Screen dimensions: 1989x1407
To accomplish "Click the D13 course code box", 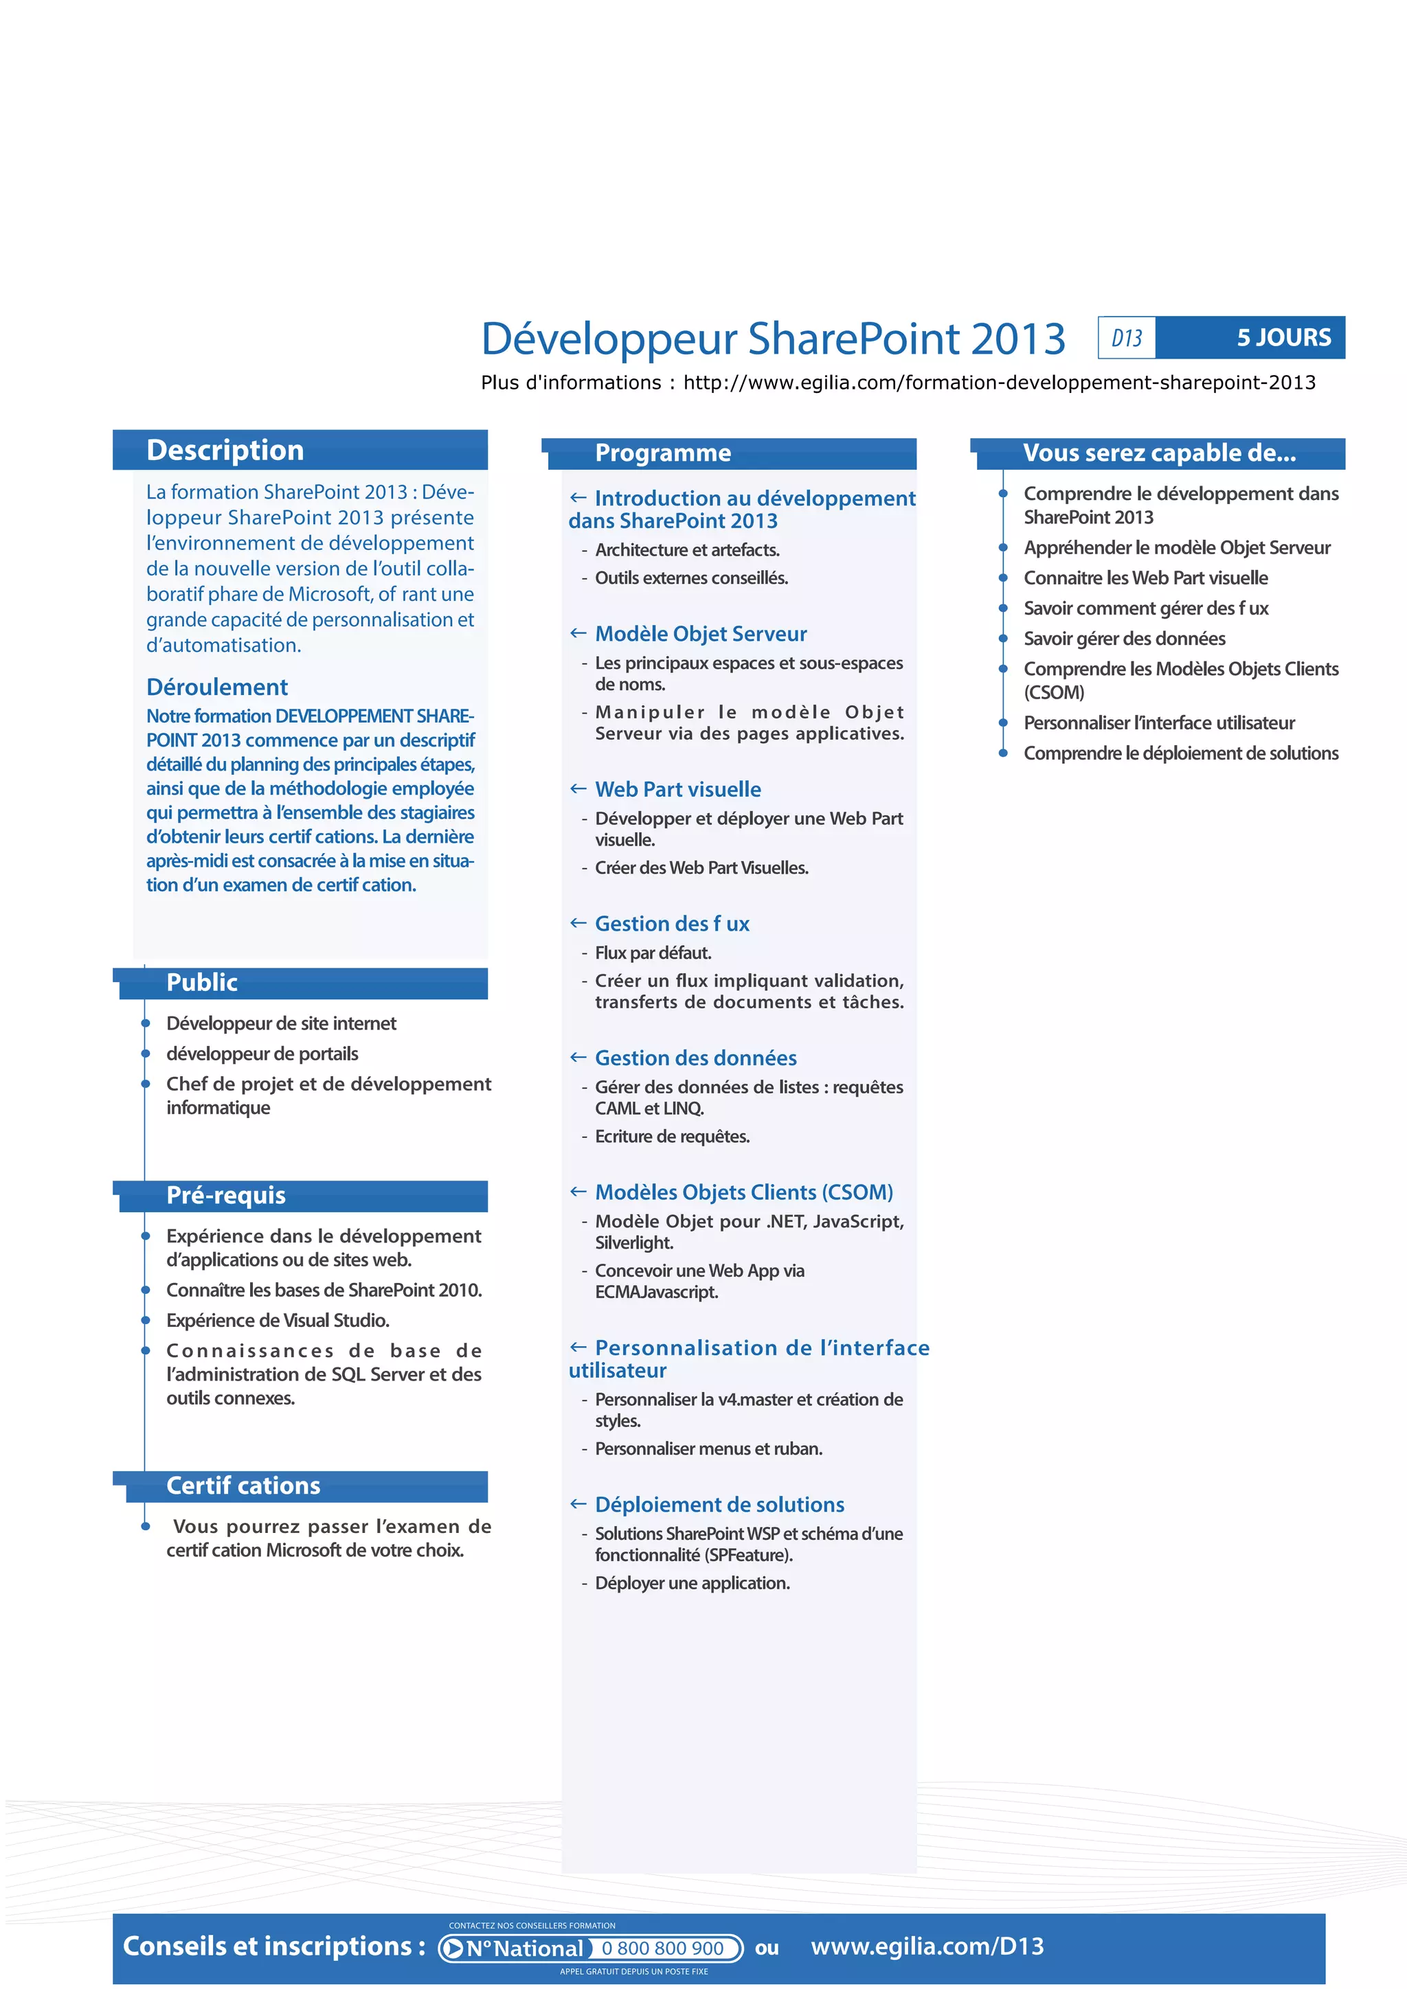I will pyautogui.click(x=1126, y=338).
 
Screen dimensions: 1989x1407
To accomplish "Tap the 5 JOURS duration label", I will pyautogui.click(x=1283, y=337).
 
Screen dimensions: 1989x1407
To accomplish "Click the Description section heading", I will pyautogui.click(x=225, y=451).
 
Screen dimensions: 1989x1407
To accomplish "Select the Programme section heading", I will pyautogui.click(x=663, y=453).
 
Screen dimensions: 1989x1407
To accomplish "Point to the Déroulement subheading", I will pyautogui.click(x=216, y=687).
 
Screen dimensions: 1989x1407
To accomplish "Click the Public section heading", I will pyautogui.click(x=202, y=982).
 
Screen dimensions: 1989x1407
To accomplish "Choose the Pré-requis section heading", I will pyautogui.click(x=225, y=1196).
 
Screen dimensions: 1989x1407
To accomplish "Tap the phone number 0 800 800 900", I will pyautogui.click(x=663, y=1948).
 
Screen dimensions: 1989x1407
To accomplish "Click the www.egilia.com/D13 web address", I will pyautogui.click(x=927, y=1946).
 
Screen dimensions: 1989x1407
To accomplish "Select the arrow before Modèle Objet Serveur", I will pyautogui.click(x=578, y=633).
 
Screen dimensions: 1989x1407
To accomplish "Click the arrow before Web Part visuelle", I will pyautogui.click(x=578, y=788).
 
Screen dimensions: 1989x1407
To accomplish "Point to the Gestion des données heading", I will pyautogui.click(x=696, y=1058).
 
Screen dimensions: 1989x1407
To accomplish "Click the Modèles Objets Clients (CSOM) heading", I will pyautogui.click(x=743, y=1192).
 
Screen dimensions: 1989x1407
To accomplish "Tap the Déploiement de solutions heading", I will pyautogui.click(x=719, y=1505).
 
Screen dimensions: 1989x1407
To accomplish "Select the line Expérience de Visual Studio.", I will pyautogui.click(x=278, y=1320).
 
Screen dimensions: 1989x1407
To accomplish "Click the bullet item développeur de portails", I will pyautogui.click(x=262, y=1054).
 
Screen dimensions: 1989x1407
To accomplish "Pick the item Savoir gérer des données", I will pyautogui.click(x=1124, y=639).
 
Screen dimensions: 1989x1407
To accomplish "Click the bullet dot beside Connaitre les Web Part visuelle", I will pyautogui.click(x=1003, y=578).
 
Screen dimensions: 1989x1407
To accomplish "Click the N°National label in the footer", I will pyautogui.click(x=524, y=1948).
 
